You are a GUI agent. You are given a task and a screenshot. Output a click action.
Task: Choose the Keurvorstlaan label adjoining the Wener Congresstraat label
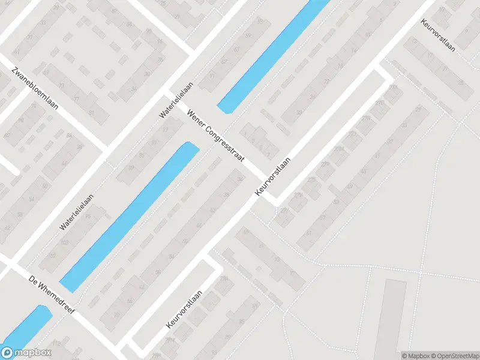[273, 176]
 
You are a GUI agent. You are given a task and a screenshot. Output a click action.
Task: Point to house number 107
[52, 256]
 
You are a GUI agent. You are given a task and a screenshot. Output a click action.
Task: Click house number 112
[57, 343]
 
